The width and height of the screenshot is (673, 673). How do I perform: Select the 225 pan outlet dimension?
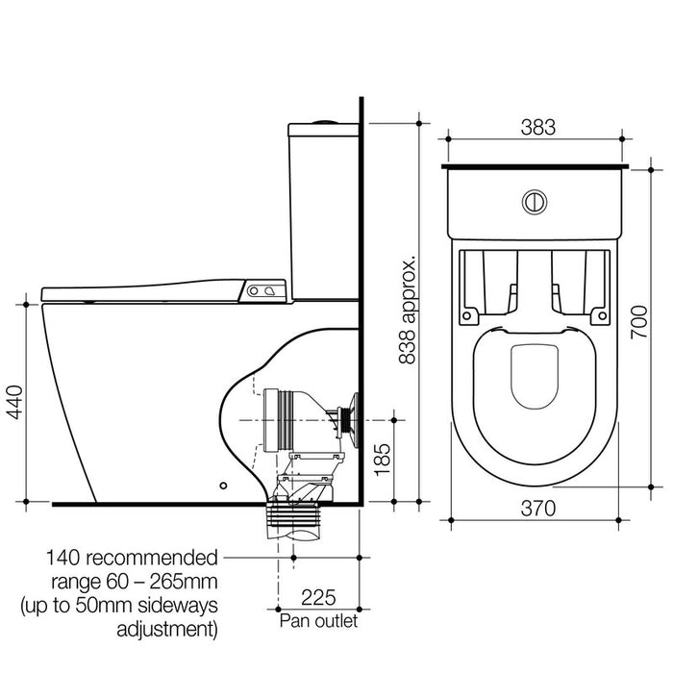[318, 596]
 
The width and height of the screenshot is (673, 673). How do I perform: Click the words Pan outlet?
[318, 621]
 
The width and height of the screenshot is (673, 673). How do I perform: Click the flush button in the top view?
[534, 202]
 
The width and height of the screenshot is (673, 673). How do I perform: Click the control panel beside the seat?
[266, 288]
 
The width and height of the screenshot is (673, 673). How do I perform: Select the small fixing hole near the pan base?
[224, 486]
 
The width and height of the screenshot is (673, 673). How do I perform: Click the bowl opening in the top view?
[534, 375]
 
